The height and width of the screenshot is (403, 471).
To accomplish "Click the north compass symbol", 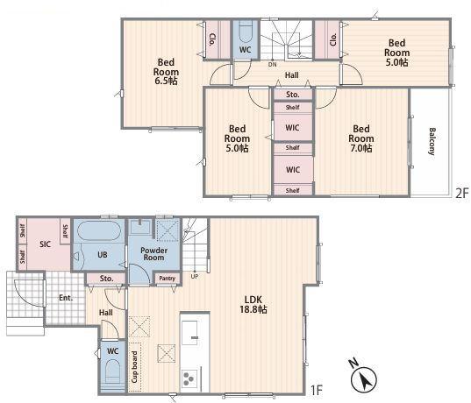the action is pos(363,377).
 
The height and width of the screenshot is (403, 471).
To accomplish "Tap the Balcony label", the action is pos(432,141).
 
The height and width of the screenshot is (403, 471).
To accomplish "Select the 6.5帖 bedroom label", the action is pos(166,72).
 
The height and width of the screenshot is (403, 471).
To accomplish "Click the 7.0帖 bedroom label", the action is pos(361,138).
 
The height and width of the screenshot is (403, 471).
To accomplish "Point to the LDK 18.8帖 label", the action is pos(253,304).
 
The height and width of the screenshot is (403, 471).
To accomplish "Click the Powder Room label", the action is pos(153,254).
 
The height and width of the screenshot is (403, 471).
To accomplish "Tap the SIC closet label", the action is pos(45,244).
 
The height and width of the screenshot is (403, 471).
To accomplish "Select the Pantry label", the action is pos(167,279).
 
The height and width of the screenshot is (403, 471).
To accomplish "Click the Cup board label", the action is pos(134,367).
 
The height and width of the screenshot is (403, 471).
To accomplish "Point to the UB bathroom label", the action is pos(103,254).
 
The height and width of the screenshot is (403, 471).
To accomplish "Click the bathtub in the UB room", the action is pos(99,230).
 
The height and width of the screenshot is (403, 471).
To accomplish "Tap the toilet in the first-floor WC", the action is pos(113,372).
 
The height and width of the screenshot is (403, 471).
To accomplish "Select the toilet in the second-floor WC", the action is pos(246,33).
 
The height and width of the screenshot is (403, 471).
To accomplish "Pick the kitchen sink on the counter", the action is pos(189,333).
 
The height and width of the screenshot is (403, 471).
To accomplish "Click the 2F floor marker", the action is pos(462,194).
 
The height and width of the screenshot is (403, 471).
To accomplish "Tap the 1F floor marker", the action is pos(317,391).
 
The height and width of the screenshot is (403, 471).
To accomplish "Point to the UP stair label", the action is pos(195,276).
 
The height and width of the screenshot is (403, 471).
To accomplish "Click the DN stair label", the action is pos(273,65).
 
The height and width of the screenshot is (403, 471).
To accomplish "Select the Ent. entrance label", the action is pos(66,298).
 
